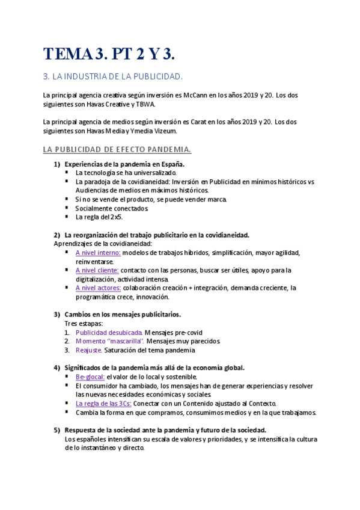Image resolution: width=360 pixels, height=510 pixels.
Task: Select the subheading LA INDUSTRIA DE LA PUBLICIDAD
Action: coord(113,77)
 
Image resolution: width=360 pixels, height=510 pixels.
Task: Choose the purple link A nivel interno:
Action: coord(97,253)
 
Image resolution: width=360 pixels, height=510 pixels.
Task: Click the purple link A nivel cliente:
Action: coord(97,270)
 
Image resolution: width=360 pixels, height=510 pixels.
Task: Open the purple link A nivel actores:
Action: coord(98,287)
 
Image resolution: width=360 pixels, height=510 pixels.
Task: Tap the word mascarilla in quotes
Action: coord(125,341)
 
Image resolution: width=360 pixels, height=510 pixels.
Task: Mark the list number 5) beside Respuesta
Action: coord(56,430)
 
